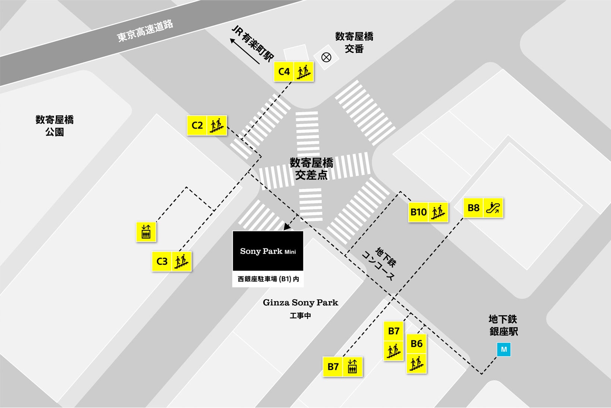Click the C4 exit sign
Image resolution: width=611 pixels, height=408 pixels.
pyautogui.click(x=294, y=72)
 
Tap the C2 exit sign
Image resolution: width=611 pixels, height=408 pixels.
pyautogui.click(x=207, y=125)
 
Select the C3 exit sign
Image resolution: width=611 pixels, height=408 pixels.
pyautogui.click(x=172, y=261)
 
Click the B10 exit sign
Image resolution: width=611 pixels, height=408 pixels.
pyautogui.click(x=428, y=212)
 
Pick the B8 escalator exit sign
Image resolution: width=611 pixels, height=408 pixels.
pyautogui.click(x=483, y=208)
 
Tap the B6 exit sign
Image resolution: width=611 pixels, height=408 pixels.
pyautogui.click(x=417, y=354)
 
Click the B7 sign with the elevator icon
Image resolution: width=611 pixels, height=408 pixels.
pyautogui.click(x=342, y=367)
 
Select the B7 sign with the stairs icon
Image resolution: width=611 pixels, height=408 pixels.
pyautogui.click(x=393, y=341)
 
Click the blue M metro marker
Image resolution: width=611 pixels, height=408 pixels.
pyautogui.click(x=504, y=350)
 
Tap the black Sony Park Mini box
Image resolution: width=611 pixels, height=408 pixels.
pyautogui.click(x=268, y=251)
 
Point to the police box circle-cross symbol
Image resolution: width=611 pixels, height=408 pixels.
pyautogui.click(x=326, y=57)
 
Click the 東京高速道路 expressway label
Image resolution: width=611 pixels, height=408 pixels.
pyautogui.click(x=145, y=31)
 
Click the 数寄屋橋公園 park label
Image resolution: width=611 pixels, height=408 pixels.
pyautogui.click(x=55, y=126)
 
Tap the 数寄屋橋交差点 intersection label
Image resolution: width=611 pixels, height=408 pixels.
pyautogui.click(x=311, y=169)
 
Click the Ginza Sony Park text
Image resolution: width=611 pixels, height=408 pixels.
pyautogui.click(x=300, y=303)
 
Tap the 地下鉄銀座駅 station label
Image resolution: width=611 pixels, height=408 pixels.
pyautogui.click(x=503, y=325)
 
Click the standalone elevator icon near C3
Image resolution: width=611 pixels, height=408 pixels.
pyautogui.click(x=146, y=232)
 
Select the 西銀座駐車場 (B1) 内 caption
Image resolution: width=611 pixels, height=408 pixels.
pyautogui.click(x=268, y=279)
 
